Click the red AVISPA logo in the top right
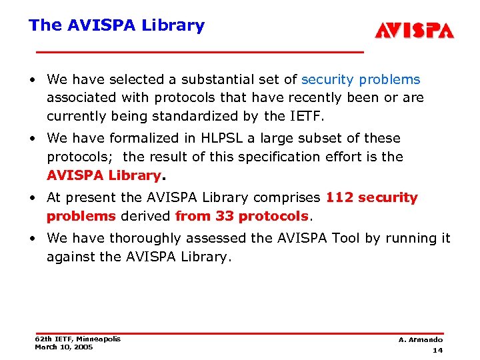(x=413, y=31)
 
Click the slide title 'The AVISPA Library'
(x=116, y=25)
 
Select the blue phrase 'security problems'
(x=361, y=79)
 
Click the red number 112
(x=339, y=197)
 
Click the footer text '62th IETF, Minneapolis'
(x=77, y=339)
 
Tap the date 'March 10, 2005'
(x=64, y=347)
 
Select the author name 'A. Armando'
(x=421, y=340)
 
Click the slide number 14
(x=437, y=350)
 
